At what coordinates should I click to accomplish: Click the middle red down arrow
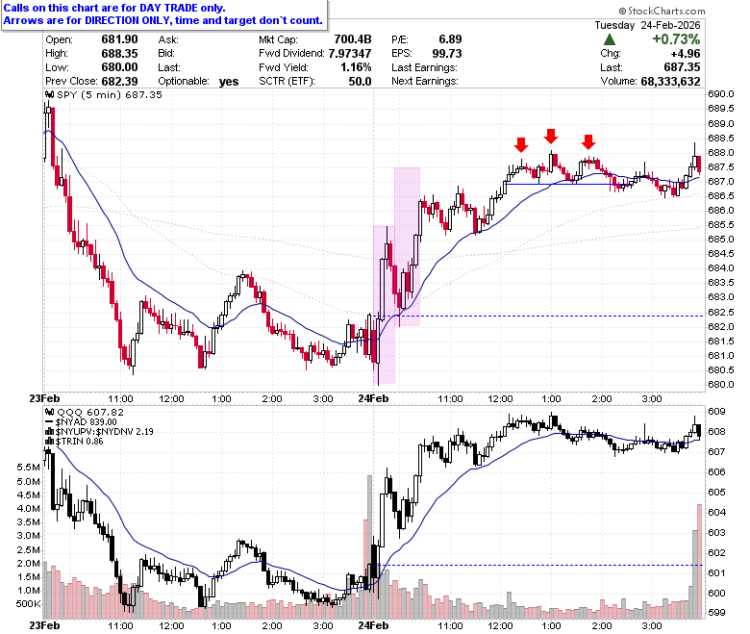551,136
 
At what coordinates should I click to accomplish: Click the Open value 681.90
119,39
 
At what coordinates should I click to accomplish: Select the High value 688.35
119,53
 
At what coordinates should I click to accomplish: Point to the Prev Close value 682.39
119,82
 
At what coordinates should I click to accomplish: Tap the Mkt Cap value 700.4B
353,39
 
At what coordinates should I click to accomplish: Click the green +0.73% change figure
676,38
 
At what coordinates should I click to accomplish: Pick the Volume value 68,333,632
670,82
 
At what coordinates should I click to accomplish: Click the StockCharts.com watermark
662,11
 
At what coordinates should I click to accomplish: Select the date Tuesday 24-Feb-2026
648,25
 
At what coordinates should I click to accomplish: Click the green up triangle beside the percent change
610,39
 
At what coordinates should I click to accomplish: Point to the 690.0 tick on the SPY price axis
721,94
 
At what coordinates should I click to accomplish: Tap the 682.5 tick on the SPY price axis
721,312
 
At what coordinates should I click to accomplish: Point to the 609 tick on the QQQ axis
716,412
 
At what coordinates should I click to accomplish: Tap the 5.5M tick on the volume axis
28,468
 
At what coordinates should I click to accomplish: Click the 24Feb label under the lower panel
374,625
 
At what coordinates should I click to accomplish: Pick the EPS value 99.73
447,54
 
